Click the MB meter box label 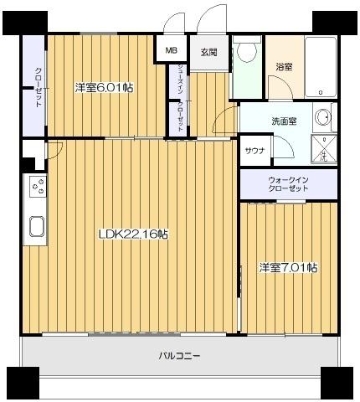[x=172, y=50]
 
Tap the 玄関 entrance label [x=209, y=52]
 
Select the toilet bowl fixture [x=247, y=49]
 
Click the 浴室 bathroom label [x=284, y=67]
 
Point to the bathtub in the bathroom [x=320, y=67]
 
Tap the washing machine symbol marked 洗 [x=324, y=148]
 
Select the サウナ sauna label [x=255, y=151]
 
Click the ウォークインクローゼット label [x=288, y=183]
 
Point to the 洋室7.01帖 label [x=288, y=268]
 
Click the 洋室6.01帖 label [x=104, y=88]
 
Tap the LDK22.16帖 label [x=133, y=234]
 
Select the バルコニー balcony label [x=180, y=356]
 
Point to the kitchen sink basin [x=37, y=226]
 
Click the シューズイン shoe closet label [x=181, y=79]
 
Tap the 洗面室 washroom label [x=284, y=121]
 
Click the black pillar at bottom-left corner [x=23, y=383]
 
